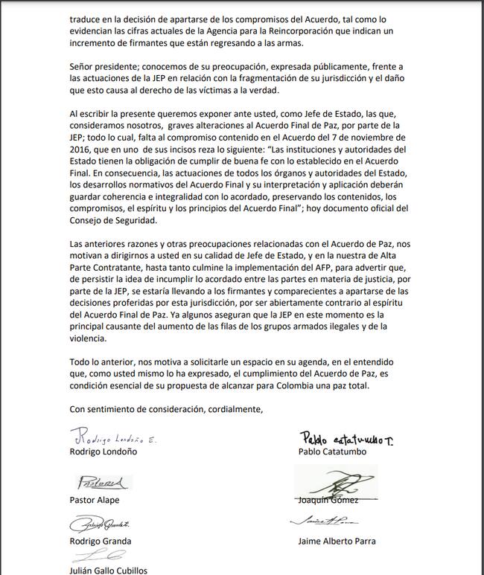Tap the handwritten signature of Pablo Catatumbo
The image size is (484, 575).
point(346,438)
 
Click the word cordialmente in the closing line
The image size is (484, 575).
point(234,408)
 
